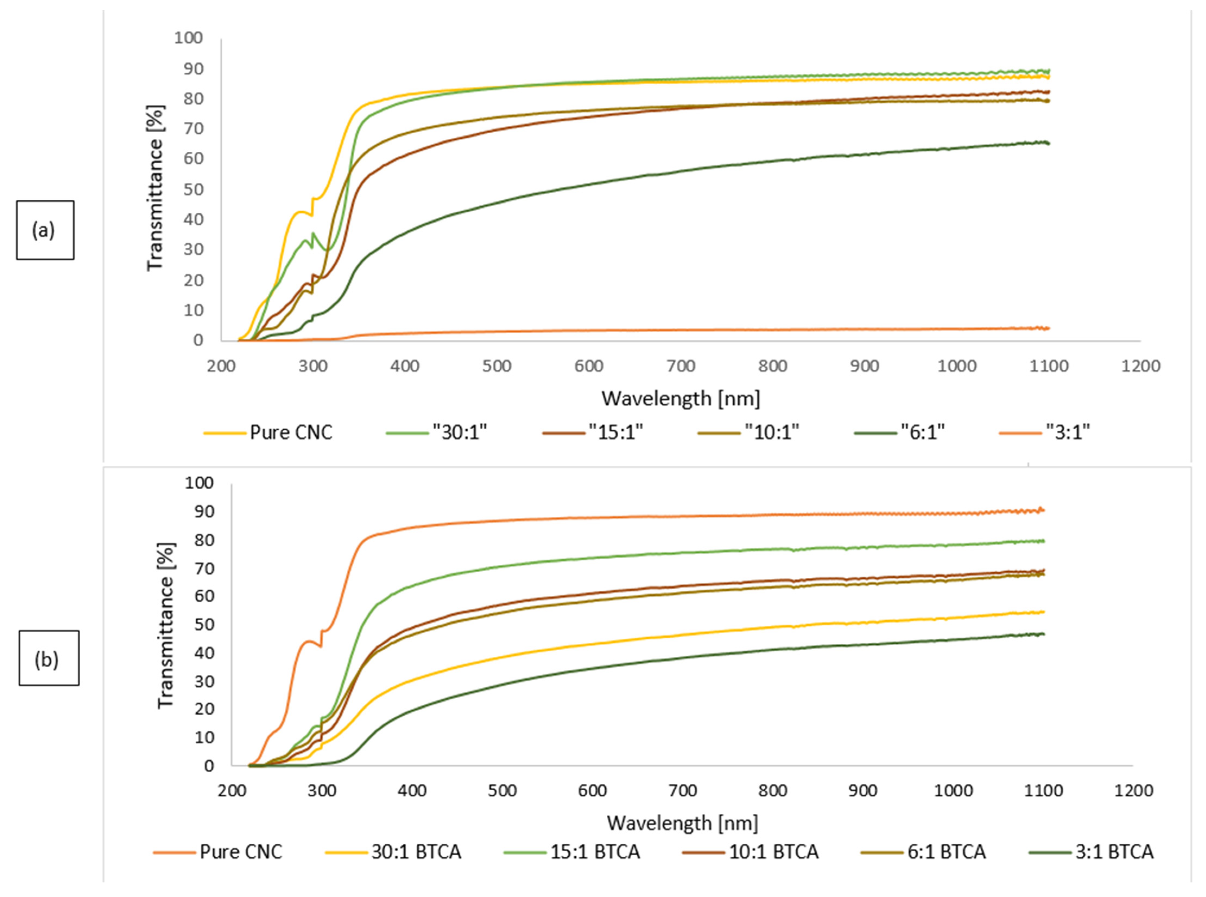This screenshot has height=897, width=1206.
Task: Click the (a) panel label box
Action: [45, 230]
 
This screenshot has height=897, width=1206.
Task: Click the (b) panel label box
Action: [49, 658]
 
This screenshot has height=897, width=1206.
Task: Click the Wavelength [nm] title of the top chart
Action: [680, 399]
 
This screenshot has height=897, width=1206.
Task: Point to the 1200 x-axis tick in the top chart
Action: [1140, 366]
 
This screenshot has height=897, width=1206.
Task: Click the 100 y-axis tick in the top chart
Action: [188, 38]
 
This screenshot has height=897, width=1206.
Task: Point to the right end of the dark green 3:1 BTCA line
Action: [1043, 634]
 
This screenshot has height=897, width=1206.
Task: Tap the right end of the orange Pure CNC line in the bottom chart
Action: [1043, 510]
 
